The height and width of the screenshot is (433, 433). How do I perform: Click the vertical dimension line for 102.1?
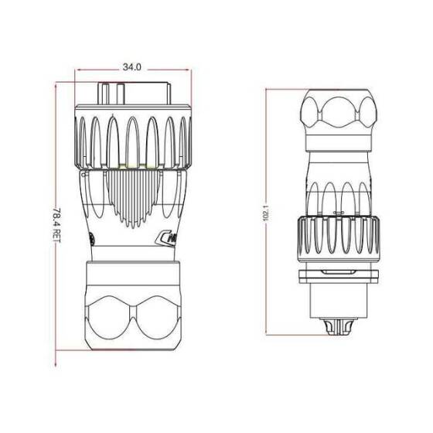266,155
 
